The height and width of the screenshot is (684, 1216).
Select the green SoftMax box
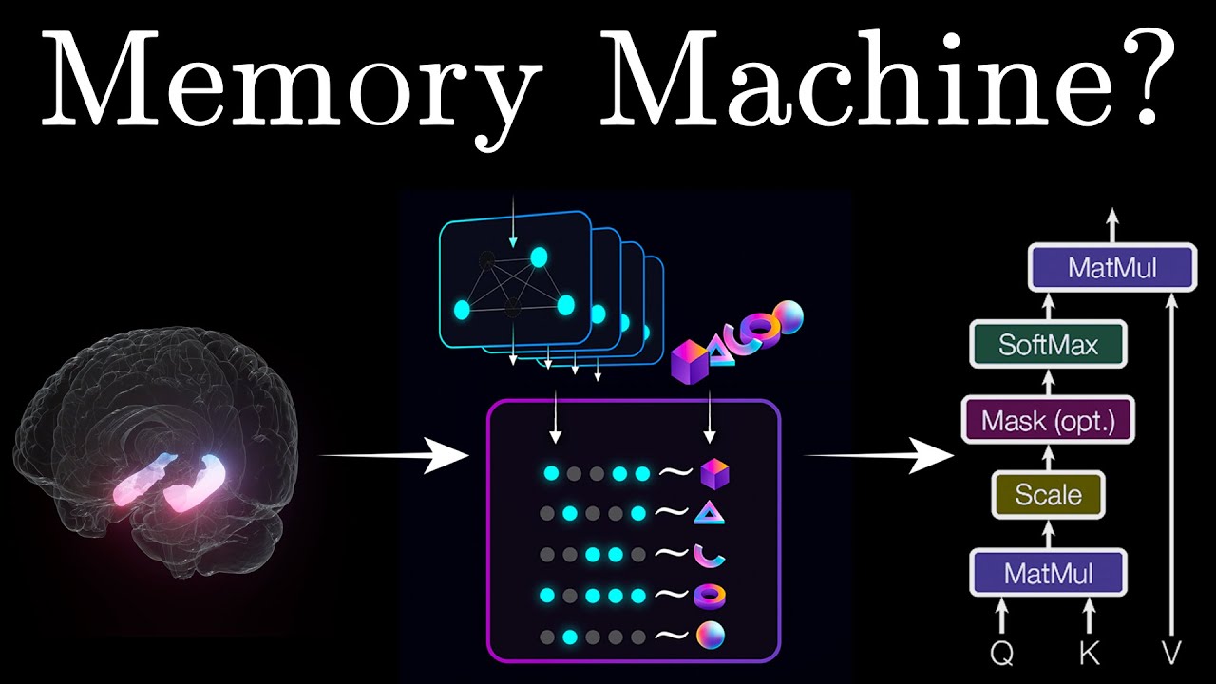1048,345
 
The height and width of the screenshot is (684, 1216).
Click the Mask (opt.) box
1048,420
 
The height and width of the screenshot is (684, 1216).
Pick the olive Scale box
1048,495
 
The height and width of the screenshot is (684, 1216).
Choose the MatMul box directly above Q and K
1048,573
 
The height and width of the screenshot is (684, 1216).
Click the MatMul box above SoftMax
1112,268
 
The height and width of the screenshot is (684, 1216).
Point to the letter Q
1002,652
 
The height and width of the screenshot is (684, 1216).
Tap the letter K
1090,652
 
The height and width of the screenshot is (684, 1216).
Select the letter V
1172,652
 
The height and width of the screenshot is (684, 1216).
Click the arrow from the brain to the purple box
392,455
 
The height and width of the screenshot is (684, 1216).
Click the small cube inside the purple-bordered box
715,473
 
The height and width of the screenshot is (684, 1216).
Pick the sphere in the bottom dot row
711,636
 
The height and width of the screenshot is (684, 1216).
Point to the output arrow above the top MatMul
1112,225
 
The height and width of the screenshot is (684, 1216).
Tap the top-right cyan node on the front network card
539,256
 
